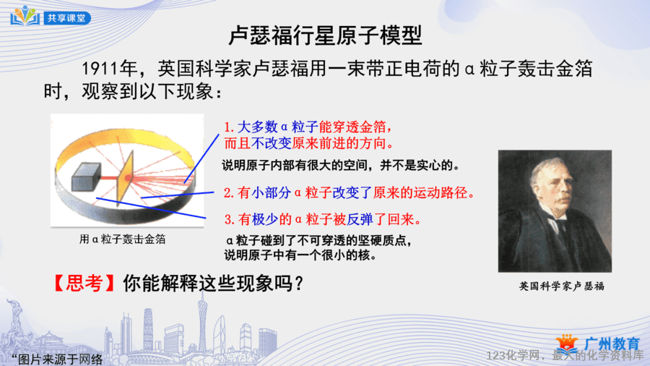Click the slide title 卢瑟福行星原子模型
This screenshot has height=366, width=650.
tap(326, 35)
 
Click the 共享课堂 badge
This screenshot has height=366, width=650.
tap(67, 18)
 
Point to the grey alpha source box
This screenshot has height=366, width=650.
tap(86, 176)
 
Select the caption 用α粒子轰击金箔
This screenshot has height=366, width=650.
tap(122, 239)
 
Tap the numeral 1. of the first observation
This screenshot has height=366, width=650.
tap(229, 127)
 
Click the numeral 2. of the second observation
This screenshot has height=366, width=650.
tap(229, 193)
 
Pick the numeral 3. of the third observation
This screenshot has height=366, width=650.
tap(230, 219)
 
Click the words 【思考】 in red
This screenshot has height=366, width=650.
tap(84, 284)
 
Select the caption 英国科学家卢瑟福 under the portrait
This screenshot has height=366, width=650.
tap(562, 286)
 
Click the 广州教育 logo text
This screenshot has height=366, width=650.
tap(612, 344)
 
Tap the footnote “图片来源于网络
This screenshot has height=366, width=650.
tap(57, 359)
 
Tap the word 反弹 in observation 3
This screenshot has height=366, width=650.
tap(360, 219)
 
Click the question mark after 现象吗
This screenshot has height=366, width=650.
tap(298, 284)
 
